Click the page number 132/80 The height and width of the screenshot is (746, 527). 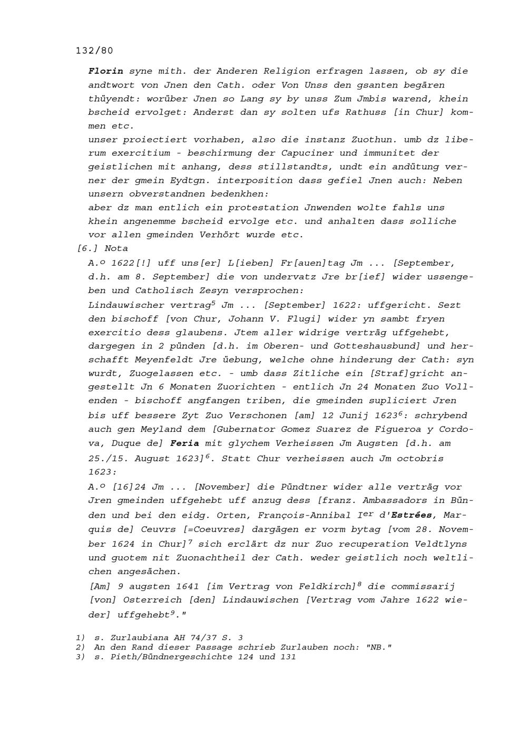click(94, 51)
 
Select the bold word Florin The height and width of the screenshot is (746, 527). click(106, 71)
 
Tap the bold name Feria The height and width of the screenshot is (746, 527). click(184, 443)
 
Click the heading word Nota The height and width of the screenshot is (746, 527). click(116, 248)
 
